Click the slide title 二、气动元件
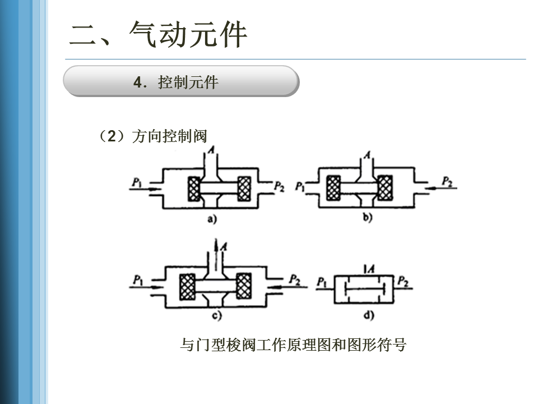click(x=158, y=34)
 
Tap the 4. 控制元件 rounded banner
click(x=181, y=81)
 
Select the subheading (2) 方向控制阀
click(x=152, y=136)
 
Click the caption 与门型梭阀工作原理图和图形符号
click(x=293, y=345)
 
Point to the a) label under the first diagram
click(x=212, y=218)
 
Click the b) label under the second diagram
click(x=368, y=217)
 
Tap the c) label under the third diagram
click(x=217, y=315)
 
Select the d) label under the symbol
click(x=369, y=315)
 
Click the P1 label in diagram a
click(x=137, y=182)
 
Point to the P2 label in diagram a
click(x=279, y=186)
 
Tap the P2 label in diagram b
click(x=447, y=181)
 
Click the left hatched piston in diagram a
click(x=194, y=189)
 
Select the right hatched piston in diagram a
click(x=244, y=189)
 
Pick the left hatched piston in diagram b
click(x=333, y=187)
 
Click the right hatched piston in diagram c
click(x=244, y=286)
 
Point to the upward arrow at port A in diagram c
click(x=216, y=255)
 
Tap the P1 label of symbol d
click(x=322, y=282)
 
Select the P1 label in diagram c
click(x=138, y=280)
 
